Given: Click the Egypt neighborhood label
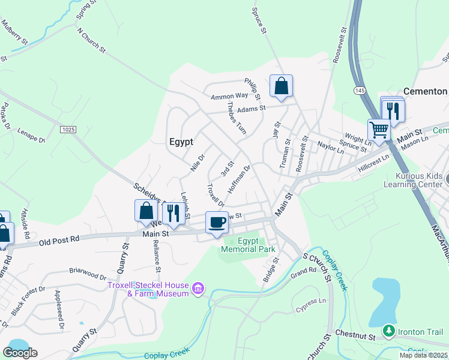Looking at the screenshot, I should [181, 142].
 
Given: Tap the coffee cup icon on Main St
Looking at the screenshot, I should [217, 223].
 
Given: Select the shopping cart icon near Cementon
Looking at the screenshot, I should [378, 130].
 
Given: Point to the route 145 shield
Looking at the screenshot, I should [360, 90].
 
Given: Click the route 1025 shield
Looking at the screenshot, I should [68, 129].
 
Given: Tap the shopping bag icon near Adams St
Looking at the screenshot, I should [281, 86].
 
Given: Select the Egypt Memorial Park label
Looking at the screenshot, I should [248, 245].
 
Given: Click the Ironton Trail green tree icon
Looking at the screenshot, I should [390, 331].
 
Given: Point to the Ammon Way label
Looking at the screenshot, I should [229, 96].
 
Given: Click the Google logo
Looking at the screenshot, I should [20, 353].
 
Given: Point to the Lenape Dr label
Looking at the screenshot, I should [31, 134].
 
